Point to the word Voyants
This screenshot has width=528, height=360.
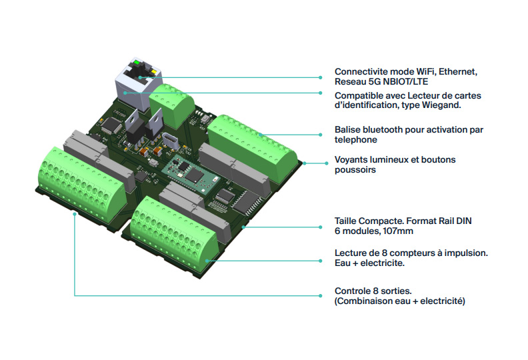351,160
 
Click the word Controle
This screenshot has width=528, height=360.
353,291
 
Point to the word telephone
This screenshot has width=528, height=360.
355,140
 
